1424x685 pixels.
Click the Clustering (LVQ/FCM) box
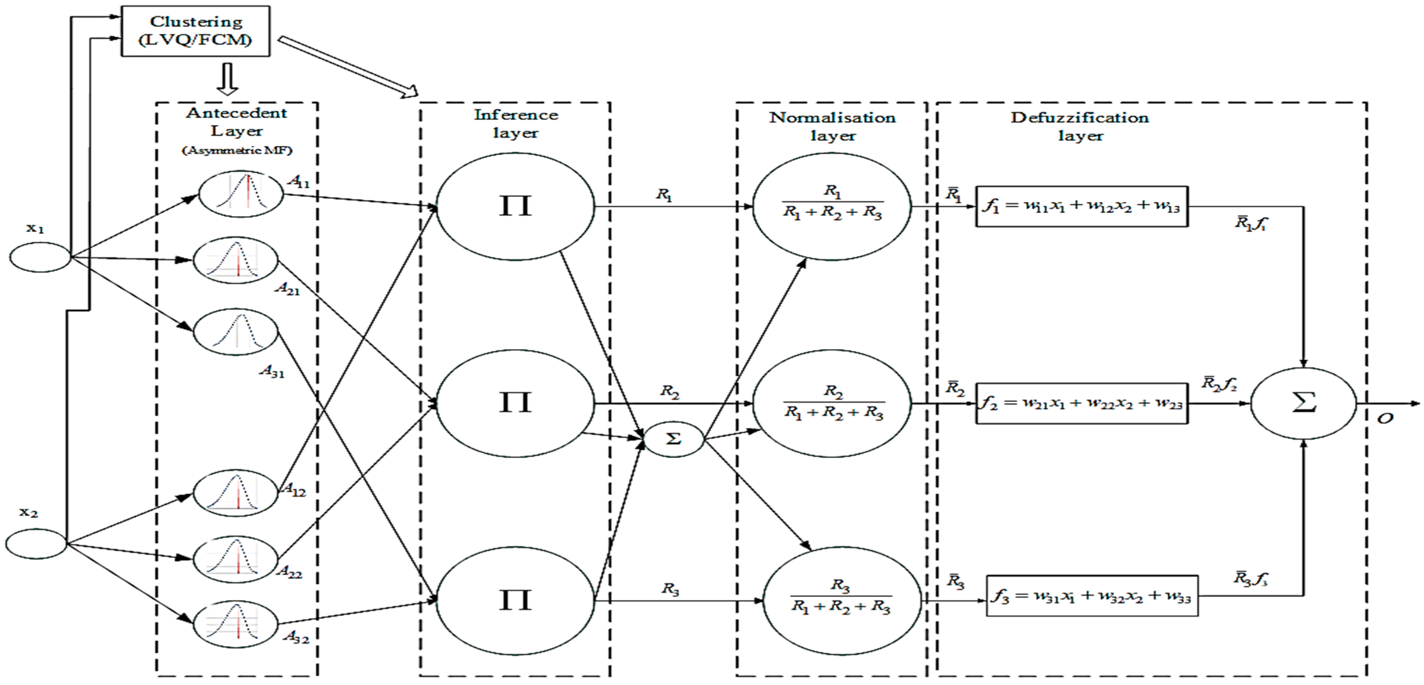tap(196, 31)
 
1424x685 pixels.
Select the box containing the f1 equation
tap(1081, 206)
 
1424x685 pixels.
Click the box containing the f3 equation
tap(1092, 596)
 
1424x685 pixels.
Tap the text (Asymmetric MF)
tap(237, 150)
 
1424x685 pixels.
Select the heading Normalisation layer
tap(833, 126)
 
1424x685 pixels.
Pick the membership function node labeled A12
tap(235, 492)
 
